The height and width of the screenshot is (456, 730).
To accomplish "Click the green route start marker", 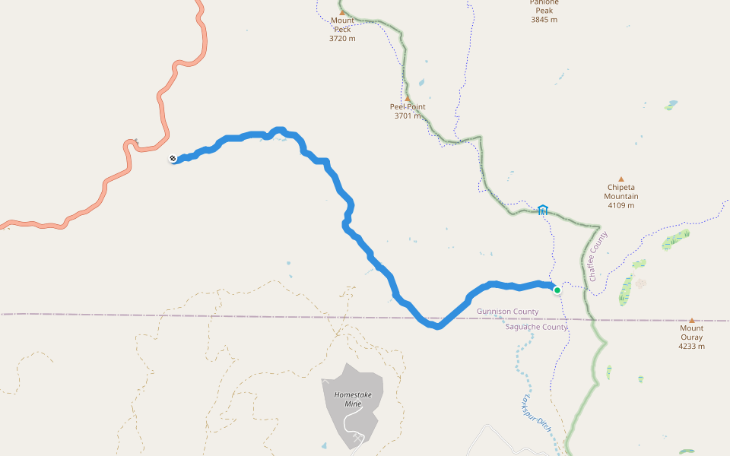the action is (x=557, y=290).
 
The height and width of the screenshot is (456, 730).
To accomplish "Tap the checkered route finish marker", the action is (x=173, y=158).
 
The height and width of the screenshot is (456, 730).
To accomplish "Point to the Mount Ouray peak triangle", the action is (x=691, y=321).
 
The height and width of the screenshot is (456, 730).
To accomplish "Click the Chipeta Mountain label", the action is (x=620, y=192).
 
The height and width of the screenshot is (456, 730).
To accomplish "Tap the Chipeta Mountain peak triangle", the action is (x=620, y=179).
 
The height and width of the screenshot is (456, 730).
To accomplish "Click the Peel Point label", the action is (x=408, y=106).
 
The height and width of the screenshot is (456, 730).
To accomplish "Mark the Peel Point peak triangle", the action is (x=407, y=98).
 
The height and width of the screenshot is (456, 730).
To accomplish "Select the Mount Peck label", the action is (x=342, y=24).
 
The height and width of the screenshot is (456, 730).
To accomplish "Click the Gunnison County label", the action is (x=507, y=312).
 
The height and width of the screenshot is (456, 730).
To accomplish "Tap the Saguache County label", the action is (x=536, y=327).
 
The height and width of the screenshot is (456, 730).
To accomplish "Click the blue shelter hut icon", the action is (x=543, y=210).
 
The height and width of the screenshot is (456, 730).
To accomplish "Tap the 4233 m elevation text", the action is (x=691, y=347).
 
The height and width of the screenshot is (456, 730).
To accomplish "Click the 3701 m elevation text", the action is (x=408, y=116).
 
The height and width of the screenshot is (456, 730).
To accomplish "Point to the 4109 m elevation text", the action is (x=620, y=205).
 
